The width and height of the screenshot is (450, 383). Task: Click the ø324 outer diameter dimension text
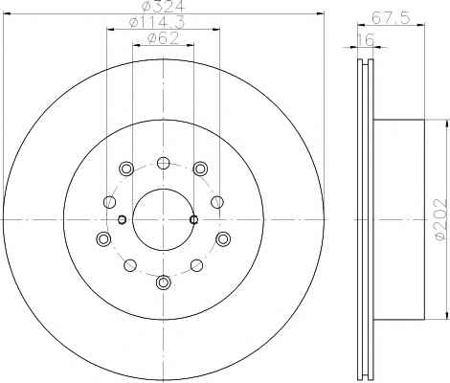(163, 6)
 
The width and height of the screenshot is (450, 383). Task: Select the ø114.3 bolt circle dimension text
(157, 22)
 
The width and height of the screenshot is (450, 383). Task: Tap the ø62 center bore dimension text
(163, 38)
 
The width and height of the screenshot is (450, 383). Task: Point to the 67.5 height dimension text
(391, 17)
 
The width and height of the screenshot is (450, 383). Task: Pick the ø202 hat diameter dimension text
(440, 219)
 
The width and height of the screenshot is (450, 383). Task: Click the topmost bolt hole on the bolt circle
(164, 163)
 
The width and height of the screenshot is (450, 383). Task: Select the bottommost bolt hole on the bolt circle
(164, 282)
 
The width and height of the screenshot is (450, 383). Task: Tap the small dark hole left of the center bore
(122, 219)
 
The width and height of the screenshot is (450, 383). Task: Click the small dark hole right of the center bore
(193, 219)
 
